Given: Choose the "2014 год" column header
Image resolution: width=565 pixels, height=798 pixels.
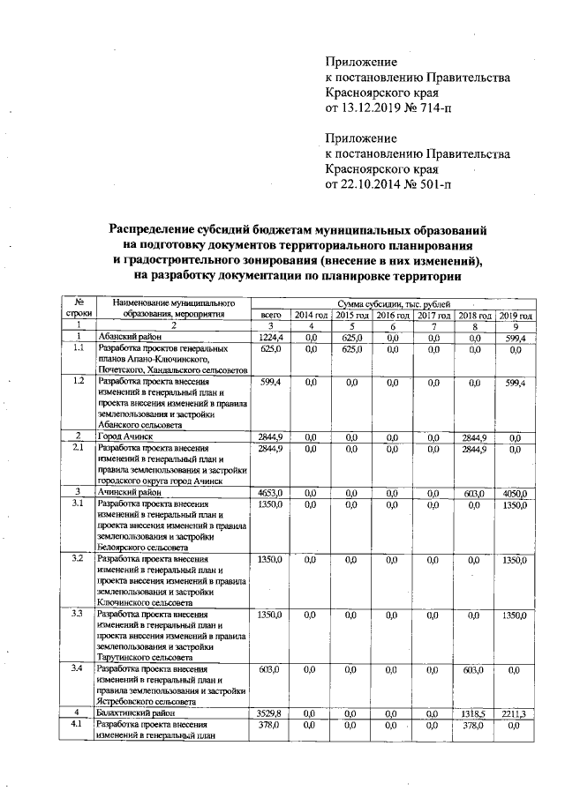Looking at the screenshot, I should [311, 315].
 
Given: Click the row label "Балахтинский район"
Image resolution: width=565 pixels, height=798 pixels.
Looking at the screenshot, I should [137, 712].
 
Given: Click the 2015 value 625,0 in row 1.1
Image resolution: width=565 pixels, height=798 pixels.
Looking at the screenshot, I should [351, 349].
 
